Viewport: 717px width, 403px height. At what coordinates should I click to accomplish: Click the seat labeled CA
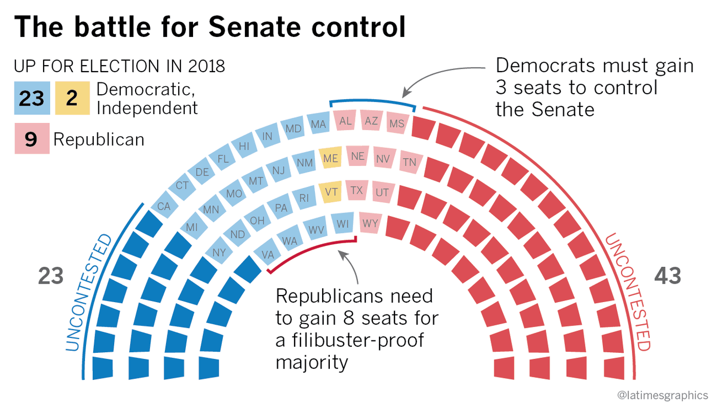[x=164, y=206]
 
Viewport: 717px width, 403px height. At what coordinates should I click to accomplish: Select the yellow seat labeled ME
[x=330, y=159]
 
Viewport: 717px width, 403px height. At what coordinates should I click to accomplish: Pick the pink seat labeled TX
[x=357, y=190]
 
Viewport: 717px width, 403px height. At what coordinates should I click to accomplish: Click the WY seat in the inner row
[x=370, y=223]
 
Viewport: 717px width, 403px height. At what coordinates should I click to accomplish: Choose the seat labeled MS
[x=397, y=123]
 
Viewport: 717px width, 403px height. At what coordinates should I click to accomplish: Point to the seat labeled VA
[x=267, y=253]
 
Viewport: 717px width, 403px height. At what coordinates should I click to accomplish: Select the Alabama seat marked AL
[x=346, y=121]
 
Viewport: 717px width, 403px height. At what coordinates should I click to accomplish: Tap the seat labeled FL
[x=223, y=159]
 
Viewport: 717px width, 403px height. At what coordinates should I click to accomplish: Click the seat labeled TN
[x=410, y=162]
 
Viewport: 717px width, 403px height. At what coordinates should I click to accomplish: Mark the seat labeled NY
[x=219, y=252]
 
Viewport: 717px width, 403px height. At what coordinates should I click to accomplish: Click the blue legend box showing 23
[x=32, y=98]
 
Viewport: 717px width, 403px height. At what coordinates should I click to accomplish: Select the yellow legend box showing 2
[x=72, y=98]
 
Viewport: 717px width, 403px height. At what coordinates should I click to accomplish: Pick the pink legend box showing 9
[x=32, y=139]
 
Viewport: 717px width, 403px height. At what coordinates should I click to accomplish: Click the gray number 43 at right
[x=668, y=277]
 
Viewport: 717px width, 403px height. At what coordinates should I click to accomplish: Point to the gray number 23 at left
[x=51, y=277]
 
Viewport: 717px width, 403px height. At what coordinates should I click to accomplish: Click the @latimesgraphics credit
[x=662, y=395]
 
